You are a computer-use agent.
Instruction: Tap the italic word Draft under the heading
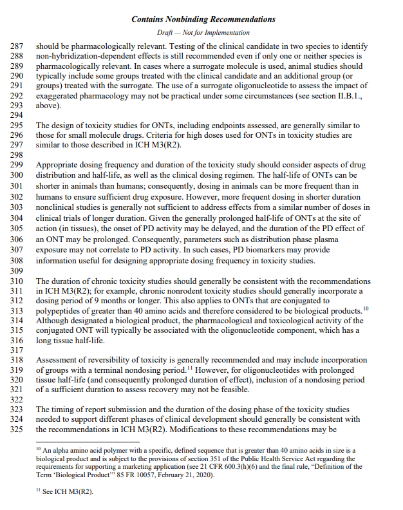[x=165, y=32]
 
